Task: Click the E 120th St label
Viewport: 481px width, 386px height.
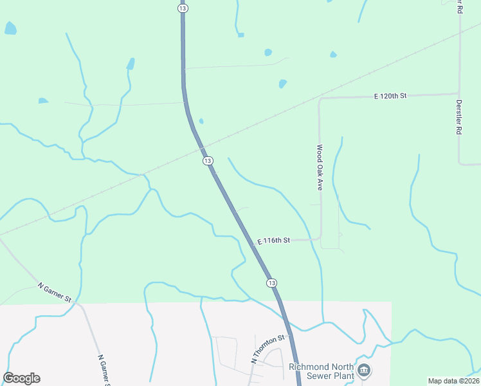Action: [390, 96]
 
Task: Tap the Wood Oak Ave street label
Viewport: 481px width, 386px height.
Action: [318, 167]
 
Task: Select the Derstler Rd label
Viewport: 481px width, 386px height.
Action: [459, 116]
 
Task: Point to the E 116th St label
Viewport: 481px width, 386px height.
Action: [275, 241]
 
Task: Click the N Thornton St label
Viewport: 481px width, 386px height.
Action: [268, 349]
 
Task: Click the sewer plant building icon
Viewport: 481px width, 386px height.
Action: [365, 370]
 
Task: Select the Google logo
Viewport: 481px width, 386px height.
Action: [21, 378]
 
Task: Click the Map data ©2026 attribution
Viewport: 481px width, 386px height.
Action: [453, 381]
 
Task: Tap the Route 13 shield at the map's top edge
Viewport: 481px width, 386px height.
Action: [183, 8]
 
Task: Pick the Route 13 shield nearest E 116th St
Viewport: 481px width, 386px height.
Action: [271, 283]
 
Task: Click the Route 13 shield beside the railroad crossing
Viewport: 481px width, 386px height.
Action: [207, 160]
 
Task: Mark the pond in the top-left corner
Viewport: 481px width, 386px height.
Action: [10, 28]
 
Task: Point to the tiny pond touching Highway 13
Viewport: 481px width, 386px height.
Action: [201, 121]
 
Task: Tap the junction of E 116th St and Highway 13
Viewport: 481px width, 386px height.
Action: [251, 239]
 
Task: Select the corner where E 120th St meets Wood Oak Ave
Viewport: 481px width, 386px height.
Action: [320, 99]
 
